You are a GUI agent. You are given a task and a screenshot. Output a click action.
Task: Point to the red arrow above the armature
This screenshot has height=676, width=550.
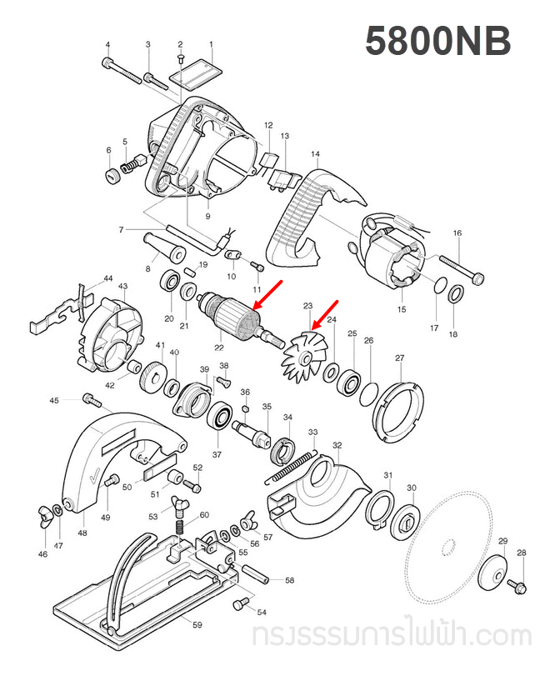click(267, 295)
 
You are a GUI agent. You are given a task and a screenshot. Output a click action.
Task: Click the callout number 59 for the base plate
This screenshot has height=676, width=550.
click(197, 624)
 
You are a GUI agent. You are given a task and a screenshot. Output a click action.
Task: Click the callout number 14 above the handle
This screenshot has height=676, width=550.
click(315, 154)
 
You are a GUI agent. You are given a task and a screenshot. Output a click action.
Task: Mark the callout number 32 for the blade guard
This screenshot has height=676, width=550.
click(337, 447)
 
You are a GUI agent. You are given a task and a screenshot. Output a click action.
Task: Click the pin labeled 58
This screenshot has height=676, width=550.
click(256, 573)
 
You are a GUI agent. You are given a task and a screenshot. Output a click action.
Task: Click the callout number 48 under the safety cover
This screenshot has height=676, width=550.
click(82, 533)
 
